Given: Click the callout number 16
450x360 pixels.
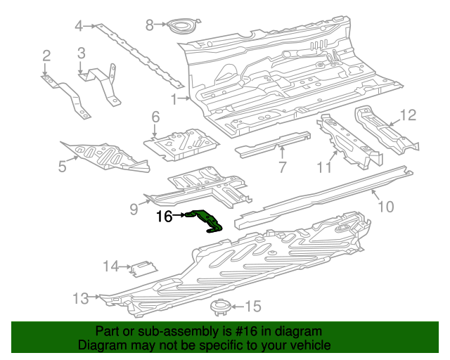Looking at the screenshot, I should (x=164, y=217).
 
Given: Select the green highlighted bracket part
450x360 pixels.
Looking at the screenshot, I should (x=206, y=219).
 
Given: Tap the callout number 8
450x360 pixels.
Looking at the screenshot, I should (x=149, y=25).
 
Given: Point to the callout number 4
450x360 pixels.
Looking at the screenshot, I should (x=79, y=27).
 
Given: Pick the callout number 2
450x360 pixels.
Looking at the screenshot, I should (x=46, y=56).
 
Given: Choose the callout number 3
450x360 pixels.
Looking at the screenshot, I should (x=81, y=53).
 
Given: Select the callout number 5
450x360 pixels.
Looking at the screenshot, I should (x=62, y=166).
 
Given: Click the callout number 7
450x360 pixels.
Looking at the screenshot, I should (x=282, y=167).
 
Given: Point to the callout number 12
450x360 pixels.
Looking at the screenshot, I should (x=409, y=115).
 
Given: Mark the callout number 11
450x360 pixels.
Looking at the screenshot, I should (x=323, y=167).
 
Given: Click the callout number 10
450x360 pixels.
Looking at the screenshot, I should (x=386, y=206).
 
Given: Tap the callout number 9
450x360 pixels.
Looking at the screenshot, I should (x=134, y=208).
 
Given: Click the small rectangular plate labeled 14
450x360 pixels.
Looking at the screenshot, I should (x=144, y=268).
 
